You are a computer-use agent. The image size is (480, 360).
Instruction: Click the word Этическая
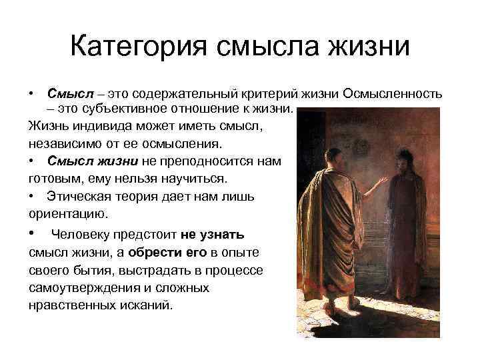79,197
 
